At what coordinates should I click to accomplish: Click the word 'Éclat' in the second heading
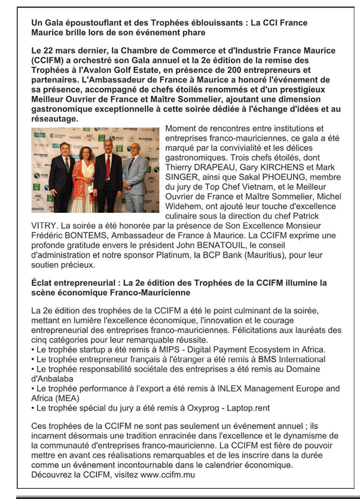[44, 283]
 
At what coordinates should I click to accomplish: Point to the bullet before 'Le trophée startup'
[33, 350]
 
